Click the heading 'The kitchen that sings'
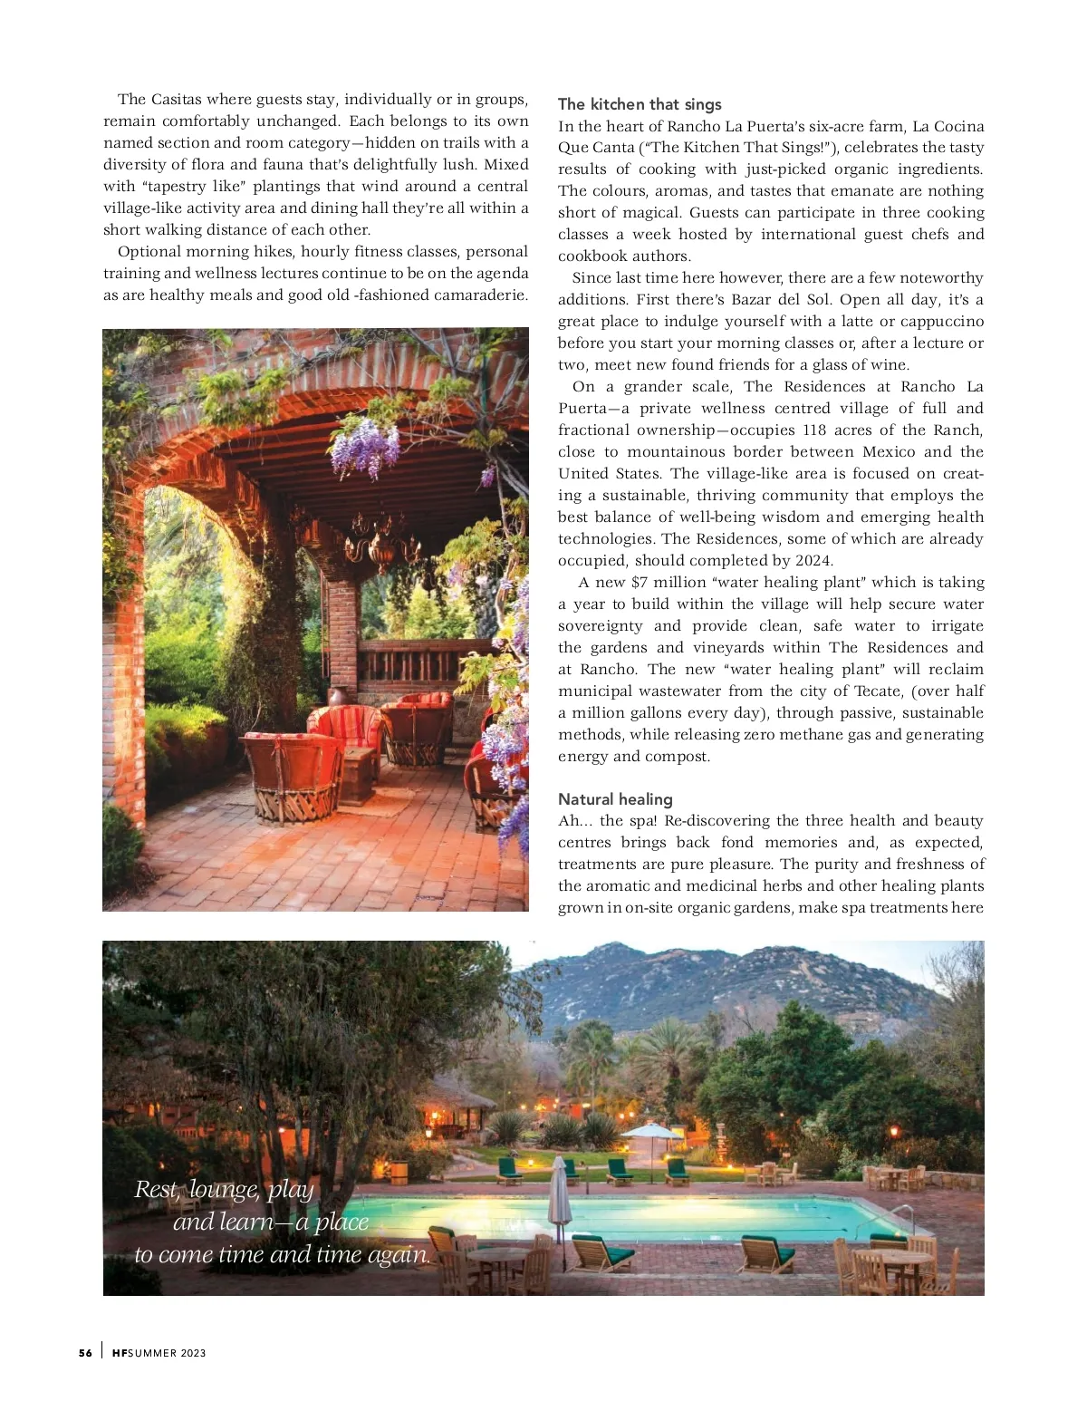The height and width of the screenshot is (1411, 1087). [640, 104]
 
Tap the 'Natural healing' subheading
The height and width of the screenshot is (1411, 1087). [615, 799]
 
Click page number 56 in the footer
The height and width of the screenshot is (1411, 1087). [85, 1353]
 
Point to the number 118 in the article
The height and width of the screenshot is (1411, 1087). [814, 430]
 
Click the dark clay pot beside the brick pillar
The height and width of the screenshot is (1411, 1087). [337, 697]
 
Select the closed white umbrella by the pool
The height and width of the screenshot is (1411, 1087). [560, 1202]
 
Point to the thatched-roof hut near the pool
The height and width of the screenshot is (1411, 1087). [457, 1101]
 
